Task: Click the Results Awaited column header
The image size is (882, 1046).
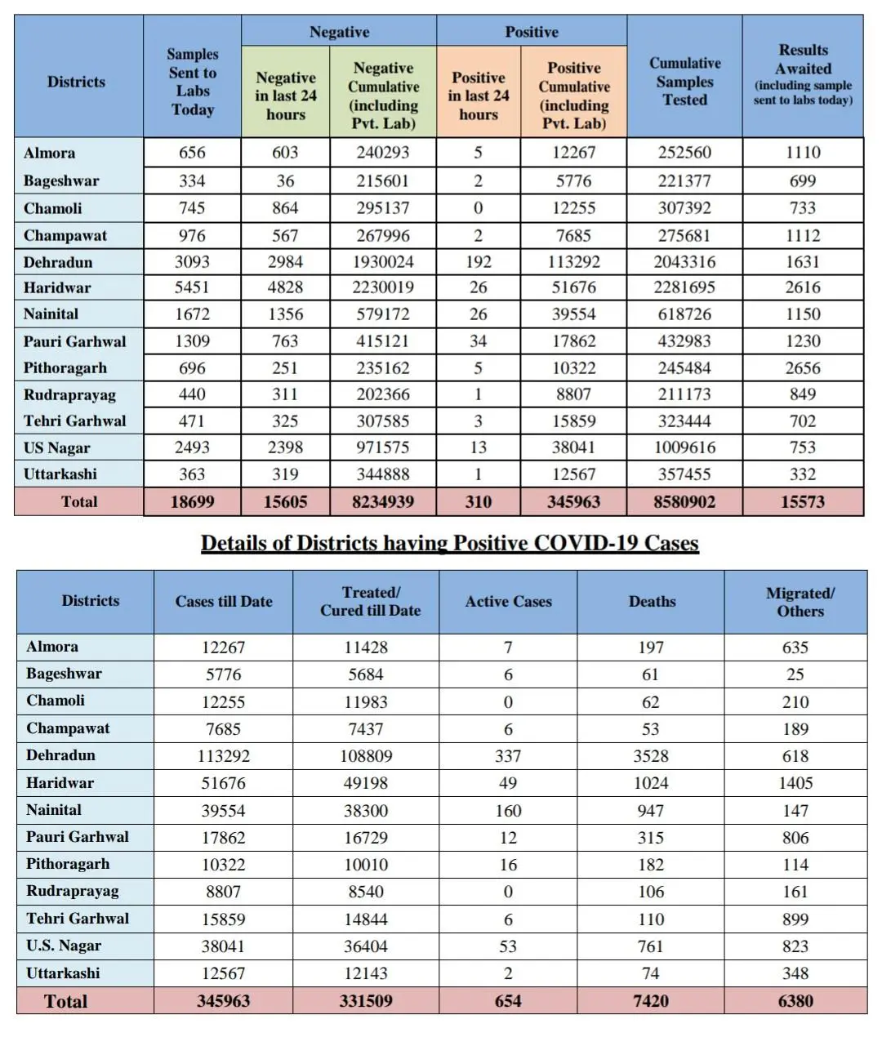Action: point(803,75)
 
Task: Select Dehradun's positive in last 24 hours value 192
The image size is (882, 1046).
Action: point(478,262)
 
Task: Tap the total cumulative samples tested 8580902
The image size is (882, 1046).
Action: point(684,502)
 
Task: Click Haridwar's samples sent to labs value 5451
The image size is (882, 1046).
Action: point(192,287)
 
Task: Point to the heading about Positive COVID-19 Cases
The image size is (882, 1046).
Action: point(449,544)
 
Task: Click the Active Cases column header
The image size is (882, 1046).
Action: point(508,602)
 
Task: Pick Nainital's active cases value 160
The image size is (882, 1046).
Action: point(508,811)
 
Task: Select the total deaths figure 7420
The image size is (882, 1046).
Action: point(651,1001)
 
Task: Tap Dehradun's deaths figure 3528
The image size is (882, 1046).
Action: point(651,756)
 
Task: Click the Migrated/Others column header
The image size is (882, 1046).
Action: point(800,602)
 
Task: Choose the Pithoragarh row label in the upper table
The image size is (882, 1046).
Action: point(65,367)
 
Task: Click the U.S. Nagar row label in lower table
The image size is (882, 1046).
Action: point(64,946)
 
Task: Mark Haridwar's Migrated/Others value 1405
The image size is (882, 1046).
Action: point(795,783)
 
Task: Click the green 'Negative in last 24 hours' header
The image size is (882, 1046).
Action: point(285,96)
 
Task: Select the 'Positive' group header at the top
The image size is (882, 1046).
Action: point(532,32)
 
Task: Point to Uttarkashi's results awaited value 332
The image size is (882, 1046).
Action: point(802,474)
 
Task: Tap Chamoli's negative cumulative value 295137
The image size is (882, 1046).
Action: point(383,208)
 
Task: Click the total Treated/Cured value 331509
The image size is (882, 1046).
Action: point(366,1001)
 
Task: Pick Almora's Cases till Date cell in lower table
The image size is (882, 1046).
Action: point(223,648)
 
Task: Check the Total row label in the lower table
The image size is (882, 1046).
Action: point(65,1001)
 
